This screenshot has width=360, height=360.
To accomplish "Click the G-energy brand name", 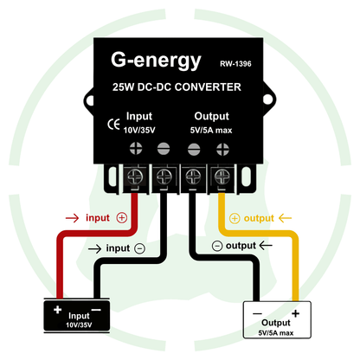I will (156, 61).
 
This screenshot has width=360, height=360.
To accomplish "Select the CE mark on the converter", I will (112, 123).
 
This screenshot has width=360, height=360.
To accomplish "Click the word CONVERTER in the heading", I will (207, 87).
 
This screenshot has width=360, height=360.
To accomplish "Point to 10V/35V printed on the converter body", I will (139, 130).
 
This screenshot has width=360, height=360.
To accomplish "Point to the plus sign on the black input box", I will (56, 309).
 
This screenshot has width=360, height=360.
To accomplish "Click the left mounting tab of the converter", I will (111, 179).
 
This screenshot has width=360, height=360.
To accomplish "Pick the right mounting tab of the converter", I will (248, 179).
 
